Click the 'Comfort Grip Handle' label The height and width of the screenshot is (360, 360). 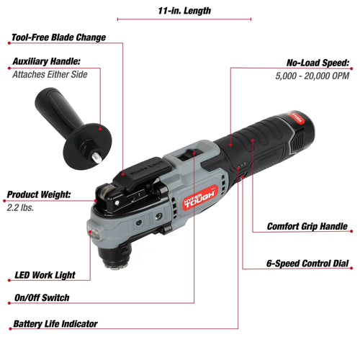pyautogui.click(x=307, y=226)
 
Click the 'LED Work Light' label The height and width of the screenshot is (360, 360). pyautogui.click(x=45, y=274)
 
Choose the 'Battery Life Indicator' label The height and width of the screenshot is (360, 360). pyautogui.click(x=55, y=324)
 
